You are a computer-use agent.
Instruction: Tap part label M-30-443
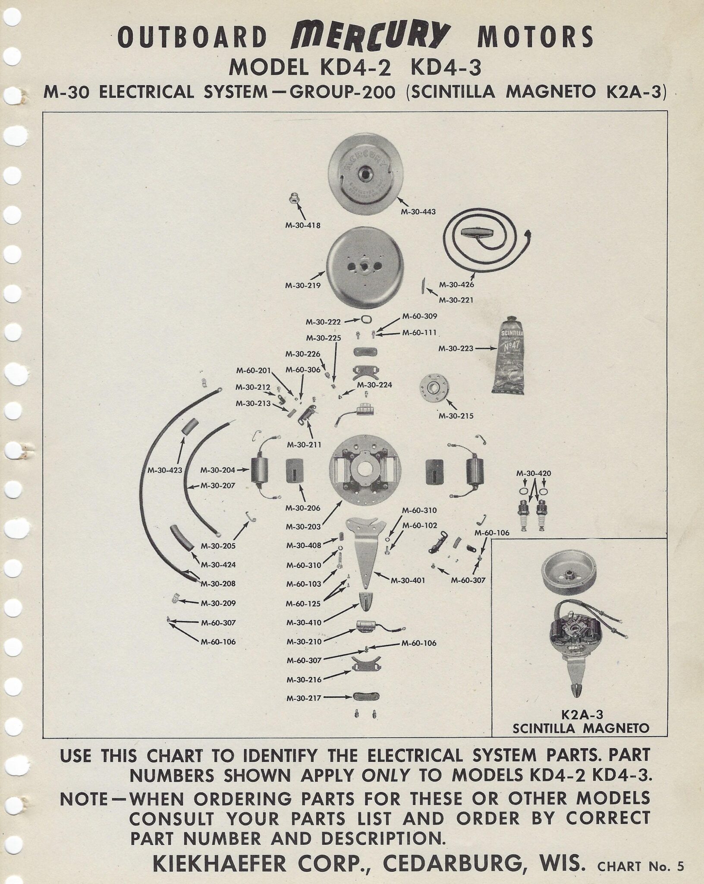[x=418, y=212]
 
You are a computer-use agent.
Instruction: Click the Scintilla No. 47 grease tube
[x=510, y=356]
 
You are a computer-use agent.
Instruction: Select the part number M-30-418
[x=303, y=225]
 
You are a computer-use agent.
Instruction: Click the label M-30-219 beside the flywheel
[x=302, y=285]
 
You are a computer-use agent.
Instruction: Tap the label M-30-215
[x=456, y=416]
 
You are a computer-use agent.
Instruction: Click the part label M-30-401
[x=408, y=581]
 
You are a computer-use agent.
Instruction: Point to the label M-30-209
[x=218, y=603]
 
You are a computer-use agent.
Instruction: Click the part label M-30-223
[x=456, y=348]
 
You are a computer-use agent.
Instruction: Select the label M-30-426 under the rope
[x=456, y=285]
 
